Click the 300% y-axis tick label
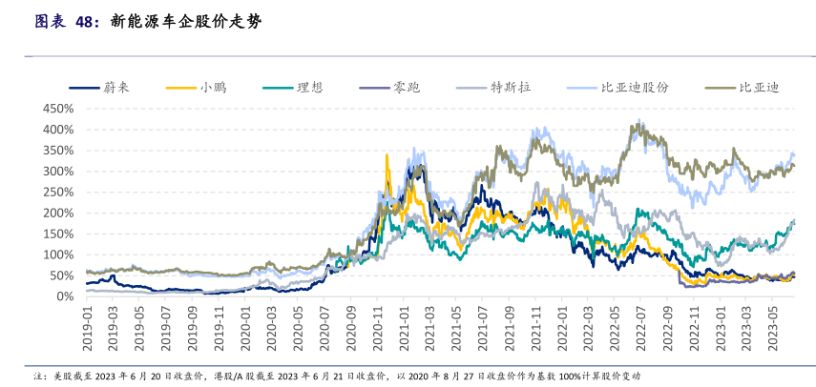tap(58, 171)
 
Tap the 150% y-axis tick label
tap(58, 234)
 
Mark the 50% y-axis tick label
tap(61, 275)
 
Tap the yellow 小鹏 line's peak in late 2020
tap(387, 155)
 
